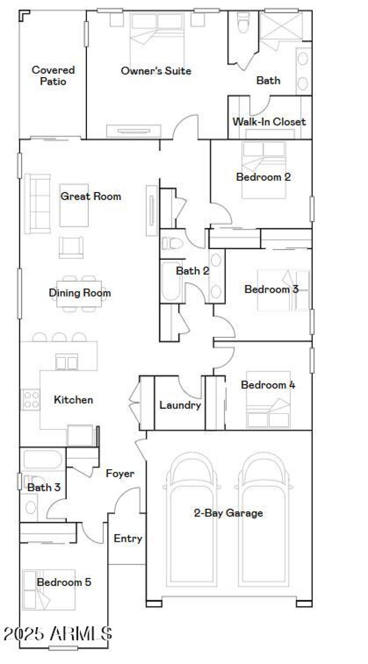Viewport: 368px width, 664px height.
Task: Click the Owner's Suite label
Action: click(x=156, y=71)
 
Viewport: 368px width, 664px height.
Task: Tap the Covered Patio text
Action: click(x=53, y=76)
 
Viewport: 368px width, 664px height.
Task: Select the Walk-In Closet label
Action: click(x=269, y=122)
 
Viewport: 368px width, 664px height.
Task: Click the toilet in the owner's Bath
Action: click(x=243, y=22)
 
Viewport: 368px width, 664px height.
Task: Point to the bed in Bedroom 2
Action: click(x=264, y=170)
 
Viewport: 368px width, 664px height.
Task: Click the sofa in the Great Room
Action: click(x=37, y=204)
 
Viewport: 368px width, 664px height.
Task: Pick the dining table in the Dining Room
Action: click(x=80, y=294)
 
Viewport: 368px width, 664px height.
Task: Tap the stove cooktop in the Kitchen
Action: click(x=31, y=399)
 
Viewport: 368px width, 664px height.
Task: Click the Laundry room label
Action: click(x=180, y=405)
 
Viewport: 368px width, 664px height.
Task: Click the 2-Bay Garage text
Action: click(x=228, y=513)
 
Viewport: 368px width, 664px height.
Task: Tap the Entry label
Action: click(x=128, y=539)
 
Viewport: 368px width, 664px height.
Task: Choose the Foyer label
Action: click(x=120, y=473)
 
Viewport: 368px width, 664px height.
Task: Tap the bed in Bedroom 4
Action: click(x=268, y=400)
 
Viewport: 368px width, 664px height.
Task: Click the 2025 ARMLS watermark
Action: click(x=57, y=634)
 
